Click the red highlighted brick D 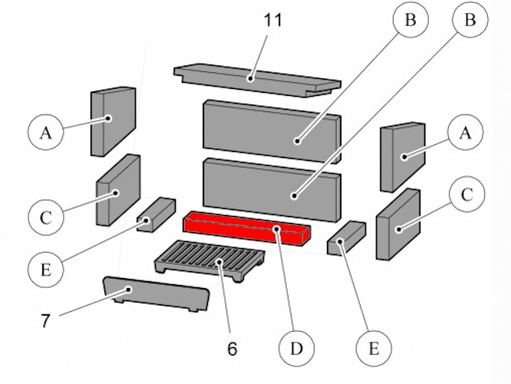click(x=246, y=229)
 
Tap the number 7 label click(x=45, y=320)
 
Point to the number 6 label click(x=232, y=349)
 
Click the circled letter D click(x=295, y=349)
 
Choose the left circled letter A click(x=46, y=133)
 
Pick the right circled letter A click(x=464, y=133)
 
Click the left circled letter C click(x=46, y=217)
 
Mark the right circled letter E click(x=374, y=348)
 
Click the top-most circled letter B click(x=410, y=21)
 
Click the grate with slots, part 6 click(x=209, y=258)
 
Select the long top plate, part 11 click(x=257, y=78)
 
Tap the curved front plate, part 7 click(x=153, y=294)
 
